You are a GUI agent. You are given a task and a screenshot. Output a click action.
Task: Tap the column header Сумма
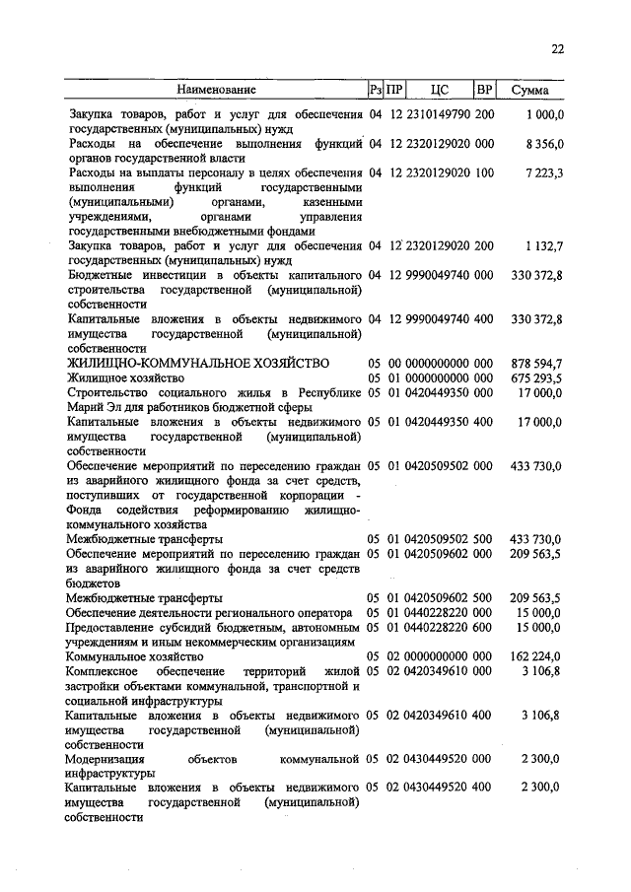pyautogui.click(x=530, y=91)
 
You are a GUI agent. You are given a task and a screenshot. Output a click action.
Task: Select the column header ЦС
pyautogui.click(x=440, y=91)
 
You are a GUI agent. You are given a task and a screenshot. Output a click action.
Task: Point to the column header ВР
pyautogui.click(x=484, y=91)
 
